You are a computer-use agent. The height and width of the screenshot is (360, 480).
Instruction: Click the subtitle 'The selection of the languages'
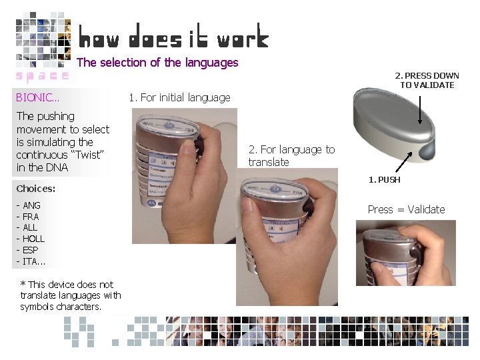(x=157, y=63)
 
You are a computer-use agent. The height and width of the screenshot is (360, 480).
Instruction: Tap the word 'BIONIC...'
(x=38, y=97)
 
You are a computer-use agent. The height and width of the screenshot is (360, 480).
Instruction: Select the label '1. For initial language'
(x=179, y=97)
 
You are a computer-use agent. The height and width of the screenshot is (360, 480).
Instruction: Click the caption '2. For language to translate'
(x=291, y=155)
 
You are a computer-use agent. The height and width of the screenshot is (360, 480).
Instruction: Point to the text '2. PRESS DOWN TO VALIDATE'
(x=427, y=80)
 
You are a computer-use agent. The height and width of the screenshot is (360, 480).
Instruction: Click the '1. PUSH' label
(x=385, y=180)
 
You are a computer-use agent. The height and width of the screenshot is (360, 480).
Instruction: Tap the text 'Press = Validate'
(x=406, y=209)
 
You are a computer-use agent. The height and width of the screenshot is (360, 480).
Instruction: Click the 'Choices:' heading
(x=36, y=189)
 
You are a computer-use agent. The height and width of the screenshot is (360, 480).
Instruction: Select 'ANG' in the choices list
(x=31, y=205)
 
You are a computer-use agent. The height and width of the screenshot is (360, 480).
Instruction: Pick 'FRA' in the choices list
(x=31, y=217)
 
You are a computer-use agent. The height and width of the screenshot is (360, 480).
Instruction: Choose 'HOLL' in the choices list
(x=33, y=239)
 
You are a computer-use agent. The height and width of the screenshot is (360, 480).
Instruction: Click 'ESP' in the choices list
(x=31, y=249)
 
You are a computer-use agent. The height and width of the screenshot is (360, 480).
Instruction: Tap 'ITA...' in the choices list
(x=34, y=261)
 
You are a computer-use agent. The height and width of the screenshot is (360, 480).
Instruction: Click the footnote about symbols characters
(x=70, y=295)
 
